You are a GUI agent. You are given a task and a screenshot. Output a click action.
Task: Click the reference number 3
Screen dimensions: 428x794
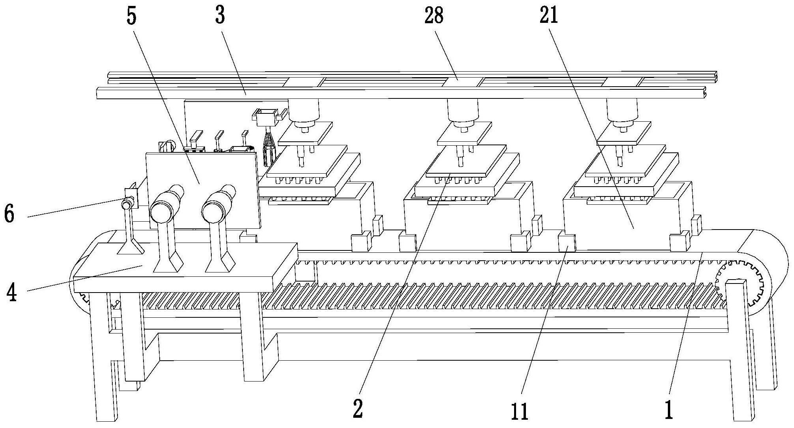tap(220, 16)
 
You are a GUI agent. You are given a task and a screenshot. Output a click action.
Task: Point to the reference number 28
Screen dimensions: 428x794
tap(434, 16)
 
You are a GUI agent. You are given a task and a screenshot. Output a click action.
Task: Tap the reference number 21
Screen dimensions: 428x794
tap(549, 16)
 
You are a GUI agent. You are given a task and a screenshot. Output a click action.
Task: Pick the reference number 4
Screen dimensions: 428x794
tap(13, 293)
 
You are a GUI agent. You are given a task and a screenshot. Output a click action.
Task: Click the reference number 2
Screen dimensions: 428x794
tap(358, 409)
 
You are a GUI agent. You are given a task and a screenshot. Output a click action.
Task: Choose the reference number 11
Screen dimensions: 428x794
tap(520, 411)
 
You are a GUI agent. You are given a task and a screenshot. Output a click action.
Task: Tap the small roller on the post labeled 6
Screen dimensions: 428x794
tap(127, 205)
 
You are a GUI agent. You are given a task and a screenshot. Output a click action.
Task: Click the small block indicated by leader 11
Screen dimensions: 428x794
tap(567, 242)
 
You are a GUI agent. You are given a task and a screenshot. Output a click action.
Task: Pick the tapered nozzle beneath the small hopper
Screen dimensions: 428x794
tap(269, 150)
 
